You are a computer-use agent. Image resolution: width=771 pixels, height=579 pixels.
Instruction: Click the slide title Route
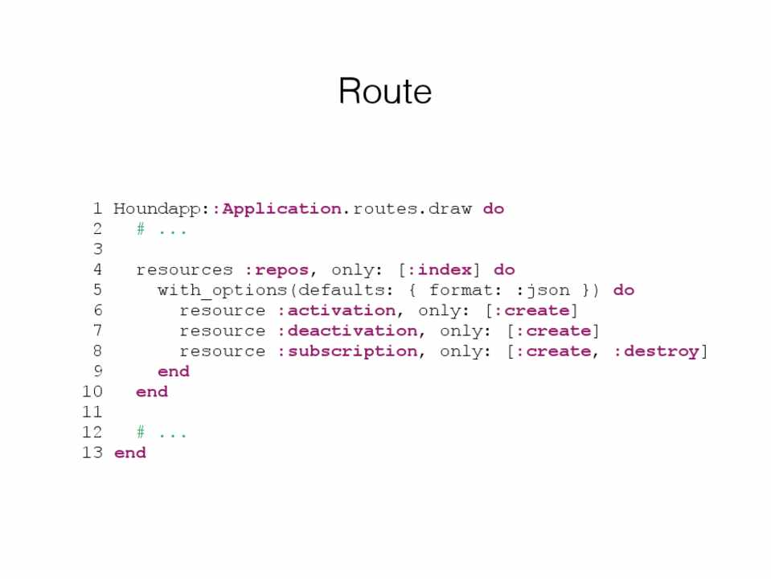(385, 92)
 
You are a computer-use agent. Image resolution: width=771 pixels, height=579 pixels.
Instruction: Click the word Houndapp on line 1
(156, 209)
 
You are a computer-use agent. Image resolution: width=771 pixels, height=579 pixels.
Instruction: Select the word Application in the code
(281, 209)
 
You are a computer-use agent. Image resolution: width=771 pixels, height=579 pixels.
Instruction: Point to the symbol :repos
(277, 270)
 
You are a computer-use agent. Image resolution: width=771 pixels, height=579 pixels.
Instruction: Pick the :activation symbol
(336, 310)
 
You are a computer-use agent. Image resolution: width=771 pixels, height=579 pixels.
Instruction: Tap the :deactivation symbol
(347, 331)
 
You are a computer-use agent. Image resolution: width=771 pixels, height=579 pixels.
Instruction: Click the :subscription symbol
(347, 351)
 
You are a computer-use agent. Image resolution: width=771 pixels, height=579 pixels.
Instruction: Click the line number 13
(92, 453)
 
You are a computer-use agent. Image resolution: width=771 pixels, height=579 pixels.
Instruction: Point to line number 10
(92, 392)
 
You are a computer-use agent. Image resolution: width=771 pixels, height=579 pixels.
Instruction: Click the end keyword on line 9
(174, 372)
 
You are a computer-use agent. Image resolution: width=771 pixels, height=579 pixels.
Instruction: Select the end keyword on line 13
(130, 453)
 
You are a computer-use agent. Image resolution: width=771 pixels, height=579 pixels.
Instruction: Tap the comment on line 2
(162, 230)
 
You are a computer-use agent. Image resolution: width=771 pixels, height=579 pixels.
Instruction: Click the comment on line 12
(162, 433)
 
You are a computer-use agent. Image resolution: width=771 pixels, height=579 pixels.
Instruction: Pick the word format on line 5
(461, 290)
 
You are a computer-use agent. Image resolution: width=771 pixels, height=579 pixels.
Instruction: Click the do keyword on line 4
(504, 270)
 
